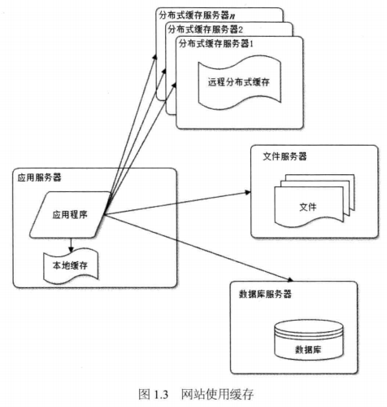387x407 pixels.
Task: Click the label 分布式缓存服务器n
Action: pos(197,15)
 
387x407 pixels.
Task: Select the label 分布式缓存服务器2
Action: pos(206,29)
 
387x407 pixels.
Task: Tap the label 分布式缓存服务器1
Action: pos(216,43)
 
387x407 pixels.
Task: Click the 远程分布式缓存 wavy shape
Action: pos(239,82)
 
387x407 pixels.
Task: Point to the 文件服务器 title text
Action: pos(285,156)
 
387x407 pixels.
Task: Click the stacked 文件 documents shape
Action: pos(315,201)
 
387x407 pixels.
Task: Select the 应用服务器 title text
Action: pos(40,177)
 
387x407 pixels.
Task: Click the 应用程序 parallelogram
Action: pos(70,215)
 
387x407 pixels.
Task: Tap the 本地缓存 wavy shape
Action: pos(71,266)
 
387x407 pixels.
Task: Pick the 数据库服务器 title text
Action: pos(265,294)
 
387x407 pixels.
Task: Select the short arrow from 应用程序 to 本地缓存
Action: pos(71,245)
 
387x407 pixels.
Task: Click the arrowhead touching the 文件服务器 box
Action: pos(248,192)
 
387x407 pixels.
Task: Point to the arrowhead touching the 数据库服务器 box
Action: pos(290,279)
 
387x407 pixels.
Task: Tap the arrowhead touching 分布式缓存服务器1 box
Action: pos(174,85)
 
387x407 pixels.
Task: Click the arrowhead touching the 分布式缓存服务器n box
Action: pos(154,57)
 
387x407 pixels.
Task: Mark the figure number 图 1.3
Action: pos(154,394)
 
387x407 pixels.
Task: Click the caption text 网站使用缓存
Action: pos(217,394)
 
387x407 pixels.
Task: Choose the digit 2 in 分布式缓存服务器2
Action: pos(241,29)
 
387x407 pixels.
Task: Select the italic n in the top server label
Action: pos(233,16)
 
